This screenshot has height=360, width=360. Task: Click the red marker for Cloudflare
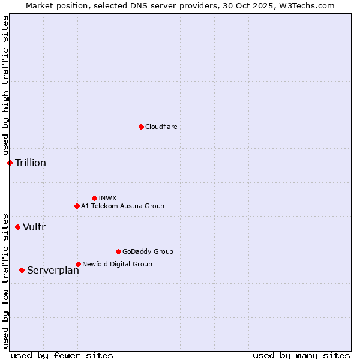pyautogui.click(x=141, y=127)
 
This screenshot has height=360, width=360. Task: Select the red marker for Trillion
pyautogui.click(x=10, y=163)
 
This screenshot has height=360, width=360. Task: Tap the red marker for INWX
pyautogui.click(x=94, y=198)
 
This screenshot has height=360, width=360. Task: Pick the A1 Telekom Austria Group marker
pyautogui.click(x=77, y=206)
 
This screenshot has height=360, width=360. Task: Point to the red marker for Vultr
pyautogui.click(x=17, y=227)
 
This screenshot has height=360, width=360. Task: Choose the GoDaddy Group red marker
pyautogui.click(x=118, y=251)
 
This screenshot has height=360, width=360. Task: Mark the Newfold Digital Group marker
pyautogui.click(x=78, y=264)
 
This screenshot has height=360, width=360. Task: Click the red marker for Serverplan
pyautogui.click(x=22, y=270)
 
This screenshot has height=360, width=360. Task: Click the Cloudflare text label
pyautogui.click(x=161, y=127)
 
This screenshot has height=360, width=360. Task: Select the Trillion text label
pyautogui.click(x=31, y=163)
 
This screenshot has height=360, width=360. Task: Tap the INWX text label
pyautogui.click(x=107, y=198)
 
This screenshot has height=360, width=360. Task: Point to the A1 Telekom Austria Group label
pyautogui.click(x=122, y=206)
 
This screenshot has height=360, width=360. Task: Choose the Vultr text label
pyautogui.click(x=34, y=227)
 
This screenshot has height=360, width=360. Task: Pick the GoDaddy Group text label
pyautogui.click(x=148, y=251)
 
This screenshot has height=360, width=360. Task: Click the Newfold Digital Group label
pyautogui.click(x=117, y=264)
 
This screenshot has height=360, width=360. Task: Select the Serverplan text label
pyautogui.click(x=53, y=271)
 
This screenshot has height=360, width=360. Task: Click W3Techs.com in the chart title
pyautogui.click(x=310, y=5)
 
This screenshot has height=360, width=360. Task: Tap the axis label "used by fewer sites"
pyautogui.click(x=62, y=355)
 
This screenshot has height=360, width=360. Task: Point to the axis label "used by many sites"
pyautogui.click(x=301, y=355)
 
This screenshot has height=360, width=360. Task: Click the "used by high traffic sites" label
pyautogui.click(x=5, y=86)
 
